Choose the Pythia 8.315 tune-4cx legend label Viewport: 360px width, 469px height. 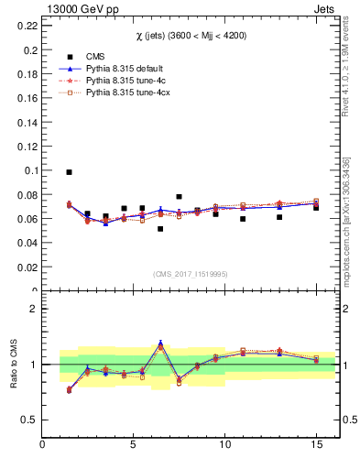pyautogui.click(x=124, y=93)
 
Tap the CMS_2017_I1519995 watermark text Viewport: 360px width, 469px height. pyautogui.click(x=190, y=273)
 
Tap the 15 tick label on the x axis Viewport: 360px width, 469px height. pyautogui.click(x=316, y=445)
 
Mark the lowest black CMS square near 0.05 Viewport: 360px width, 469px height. pyautogui.click(x=160, y=229)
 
